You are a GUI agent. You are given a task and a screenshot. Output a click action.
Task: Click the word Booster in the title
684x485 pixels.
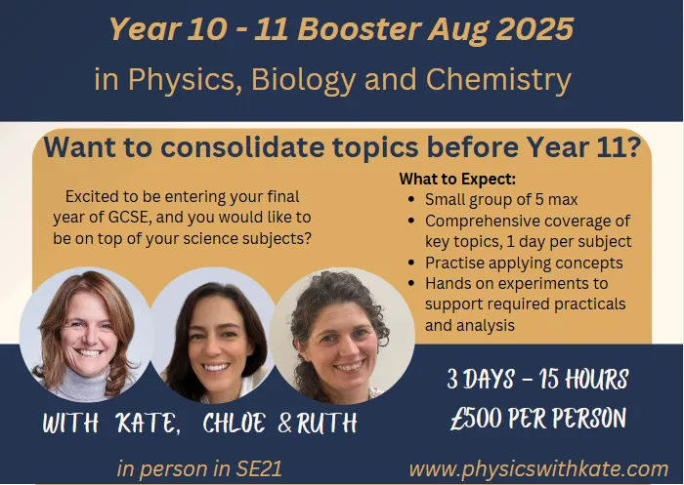click(360, 29)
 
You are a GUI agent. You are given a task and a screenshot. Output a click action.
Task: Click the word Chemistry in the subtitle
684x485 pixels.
click(498, 80)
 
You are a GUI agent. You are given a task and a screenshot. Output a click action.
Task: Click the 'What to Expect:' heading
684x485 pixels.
click(457, 179)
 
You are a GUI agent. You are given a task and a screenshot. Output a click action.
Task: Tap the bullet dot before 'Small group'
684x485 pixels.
click(411, 200)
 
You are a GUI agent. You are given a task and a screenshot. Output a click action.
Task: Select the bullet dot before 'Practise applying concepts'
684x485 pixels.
click(411, 263)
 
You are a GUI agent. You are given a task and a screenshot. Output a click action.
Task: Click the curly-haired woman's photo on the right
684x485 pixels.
click(342, 337)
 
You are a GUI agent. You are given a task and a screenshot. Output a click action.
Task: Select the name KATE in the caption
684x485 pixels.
click(148, 423)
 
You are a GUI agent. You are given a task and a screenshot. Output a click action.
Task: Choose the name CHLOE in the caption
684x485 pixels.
click(235, 423)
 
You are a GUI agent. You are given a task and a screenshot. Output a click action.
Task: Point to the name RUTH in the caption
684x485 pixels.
click(327, 423)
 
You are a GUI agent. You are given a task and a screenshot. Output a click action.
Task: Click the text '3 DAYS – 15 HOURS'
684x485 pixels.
click(537, 379)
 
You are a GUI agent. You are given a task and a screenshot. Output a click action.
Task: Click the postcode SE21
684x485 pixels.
click(259, 469)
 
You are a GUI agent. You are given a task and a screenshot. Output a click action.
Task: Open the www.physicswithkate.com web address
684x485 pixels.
click(538, 469)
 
